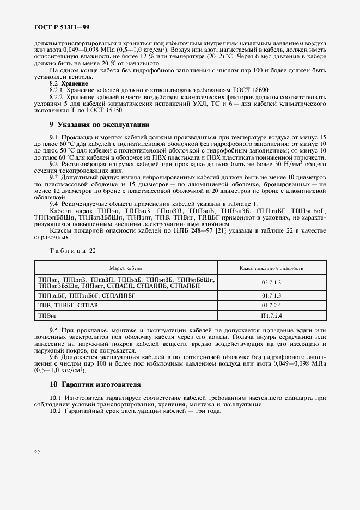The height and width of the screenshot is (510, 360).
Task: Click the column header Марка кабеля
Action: (126, 268)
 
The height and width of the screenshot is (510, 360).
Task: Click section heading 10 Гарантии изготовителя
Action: (95, 384)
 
